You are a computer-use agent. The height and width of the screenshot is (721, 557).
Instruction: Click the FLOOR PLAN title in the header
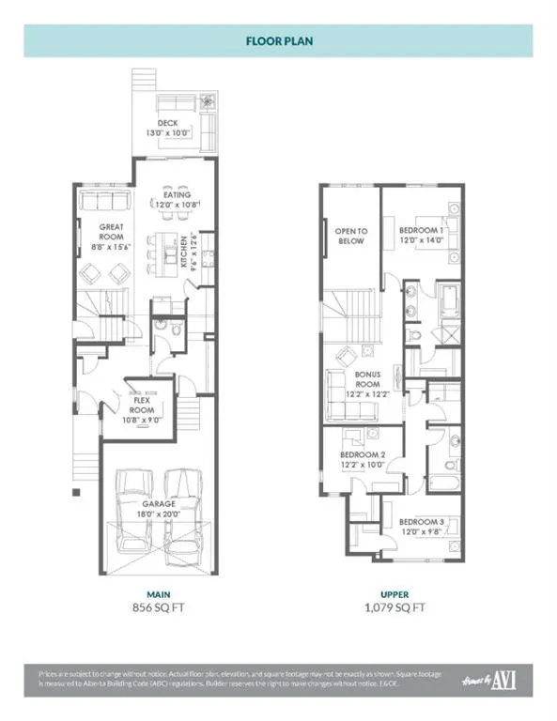(278, 41)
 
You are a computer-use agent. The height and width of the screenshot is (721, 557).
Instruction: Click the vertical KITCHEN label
(181, 251)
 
